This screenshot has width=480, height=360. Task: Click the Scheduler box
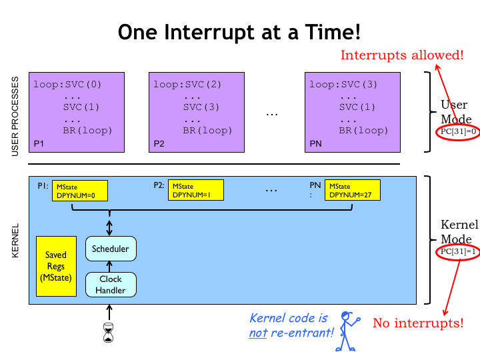pyautogui.click(x=111, y=249)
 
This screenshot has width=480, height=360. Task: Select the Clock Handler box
pyautogui.click(x=111, y=284)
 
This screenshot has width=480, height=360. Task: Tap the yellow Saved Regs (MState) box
pyautogui.click(x=56, y=266)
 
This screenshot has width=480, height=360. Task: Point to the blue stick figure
pyautogui.click(x=347, y=331)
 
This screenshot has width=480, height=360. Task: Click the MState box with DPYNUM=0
pyautogui.click(x=81, y=191)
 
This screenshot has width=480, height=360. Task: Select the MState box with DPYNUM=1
pyautogui.click(x=195, y=191)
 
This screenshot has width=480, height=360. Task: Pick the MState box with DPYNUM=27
pyautogui.click(x=352, y=191)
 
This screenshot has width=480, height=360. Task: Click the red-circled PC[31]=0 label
pyautogui.click(x=458, y=132)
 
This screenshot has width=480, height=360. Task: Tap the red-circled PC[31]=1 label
pyautogui.click(x=458, y=251)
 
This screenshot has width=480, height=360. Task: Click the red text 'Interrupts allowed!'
pyautogui.click(x=401, y=55)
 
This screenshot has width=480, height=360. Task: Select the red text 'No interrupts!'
pyautogui.click(x=417, y=323)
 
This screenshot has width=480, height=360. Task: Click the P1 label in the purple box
pyautogui.click(x=39, y=143)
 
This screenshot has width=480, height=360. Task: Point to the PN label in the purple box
pyautogui.click(x=316, y=143)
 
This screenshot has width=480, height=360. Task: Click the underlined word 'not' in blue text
pyautogui.click(x=258, y=332)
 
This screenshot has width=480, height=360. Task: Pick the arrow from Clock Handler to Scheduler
pyautogui.click(x=111, y=267)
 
